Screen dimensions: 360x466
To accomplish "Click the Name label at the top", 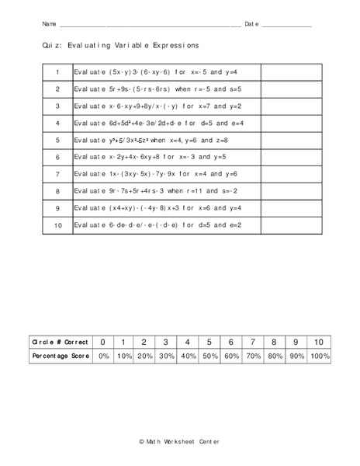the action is [x=48, y=25].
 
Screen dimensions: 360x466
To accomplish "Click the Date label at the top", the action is [x=251, y=25].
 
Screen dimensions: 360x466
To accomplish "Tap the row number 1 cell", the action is [x=58, y=71].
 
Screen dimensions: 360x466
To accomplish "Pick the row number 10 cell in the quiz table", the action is [x=58, y=225].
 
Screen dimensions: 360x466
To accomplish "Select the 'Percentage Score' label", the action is [x=61, y=355].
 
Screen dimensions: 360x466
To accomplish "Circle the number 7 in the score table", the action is [x=253, y=341].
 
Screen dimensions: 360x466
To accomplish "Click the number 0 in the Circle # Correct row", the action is [x=103, y=341].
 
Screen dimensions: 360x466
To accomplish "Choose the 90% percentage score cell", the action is [x=296, y=355].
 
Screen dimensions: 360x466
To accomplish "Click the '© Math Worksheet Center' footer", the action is [x=179, y=440].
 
